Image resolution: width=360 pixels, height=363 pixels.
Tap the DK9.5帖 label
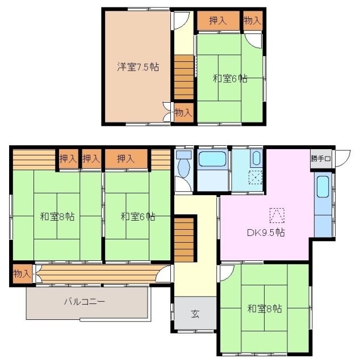pyautogui.click(x=266, y=233)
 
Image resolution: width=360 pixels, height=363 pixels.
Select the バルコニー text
pyautogui.click(x=83, y=302)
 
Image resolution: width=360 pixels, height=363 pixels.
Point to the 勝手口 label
pyautogui.click(x=321, y=158)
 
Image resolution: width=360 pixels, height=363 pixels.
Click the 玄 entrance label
pyautogui.click(x=195, y=314)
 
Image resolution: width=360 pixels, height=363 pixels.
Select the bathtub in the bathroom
pyautogui.click(x=212, y=159)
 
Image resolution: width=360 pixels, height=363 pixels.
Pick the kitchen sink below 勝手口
pyautogui.click(x=322, y=187)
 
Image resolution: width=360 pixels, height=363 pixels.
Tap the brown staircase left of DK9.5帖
pyautogui.click(x=184, y=241)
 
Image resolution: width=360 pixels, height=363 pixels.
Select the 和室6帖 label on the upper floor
pyautogui.click(x=231, y=79)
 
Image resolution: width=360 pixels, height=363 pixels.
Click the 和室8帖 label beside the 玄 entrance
pyautogui.click(x=264, y=309)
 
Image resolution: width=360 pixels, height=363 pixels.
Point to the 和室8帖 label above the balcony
pyautogui.click(x=57, y=216)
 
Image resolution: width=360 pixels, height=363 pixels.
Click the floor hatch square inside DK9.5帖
pyautogui.click(x=277, y=216)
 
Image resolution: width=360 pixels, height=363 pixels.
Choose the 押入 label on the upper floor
pyautogui.click(x=217, y=21)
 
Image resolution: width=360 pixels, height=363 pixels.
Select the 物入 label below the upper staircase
pyautogui.click(x=183, y=112)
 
